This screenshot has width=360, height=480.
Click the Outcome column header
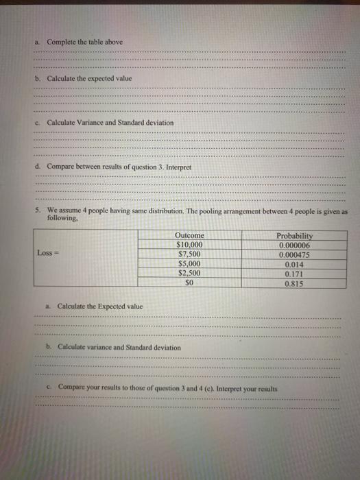[189, 235]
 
